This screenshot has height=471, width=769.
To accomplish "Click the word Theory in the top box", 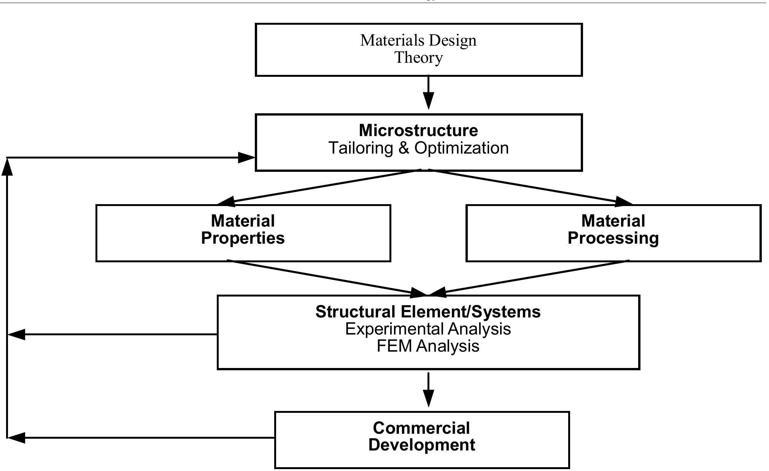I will [x=418, y=58].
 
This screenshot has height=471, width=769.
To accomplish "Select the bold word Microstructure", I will [x=418, y=130].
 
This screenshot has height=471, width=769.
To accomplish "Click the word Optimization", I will [x=461, y=148].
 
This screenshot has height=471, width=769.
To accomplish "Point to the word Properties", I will [x=243, y=238].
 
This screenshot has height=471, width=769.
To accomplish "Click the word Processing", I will [x=613, y=238].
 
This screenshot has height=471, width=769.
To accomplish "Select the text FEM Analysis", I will [x=428, y=346].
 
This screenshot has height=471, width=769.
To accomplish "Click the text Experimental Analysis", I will [x=428, y=329].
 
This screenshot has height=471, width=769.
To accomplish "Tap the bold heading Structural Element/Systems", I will [x=428, y=312].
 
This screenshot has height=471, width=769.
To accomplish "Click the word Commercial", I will [x=421, y=428].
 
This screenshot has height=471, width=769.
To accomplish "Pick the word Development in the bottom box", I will [x=421, y=445].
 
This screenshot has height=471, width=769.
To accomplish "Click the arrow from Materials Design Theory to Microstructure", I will [x=429, y=93].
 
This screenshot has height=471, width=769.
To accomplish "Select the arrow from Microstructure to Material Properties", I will [x=323, y=186].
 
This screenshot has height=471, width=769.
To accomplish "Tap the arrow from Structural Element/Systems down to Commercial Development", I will [x=429, y=390].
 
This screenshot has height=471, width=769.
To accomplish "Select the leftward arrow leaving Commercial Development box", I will [x=141, y=438].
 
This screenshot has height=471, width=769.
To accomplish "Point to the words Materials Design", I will [x=418, y=40].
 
